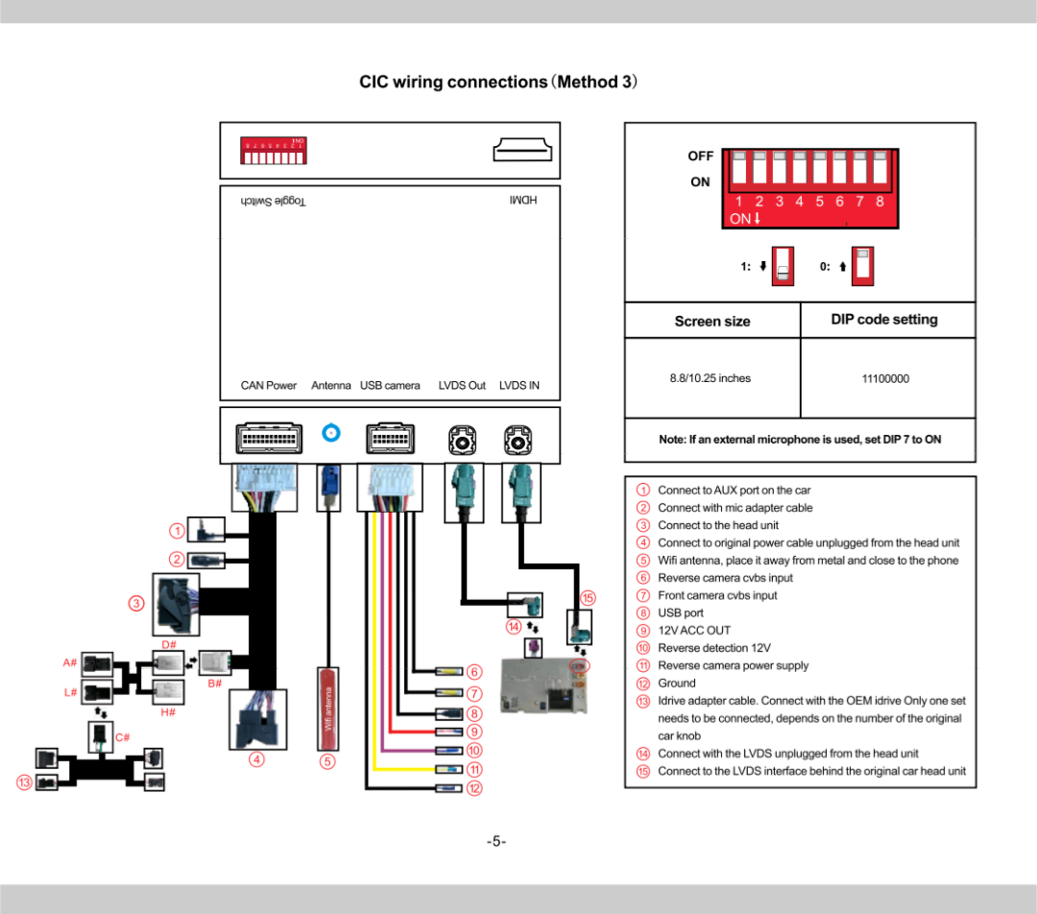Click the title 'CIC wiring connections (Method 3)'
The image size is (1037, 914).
coord(499,82)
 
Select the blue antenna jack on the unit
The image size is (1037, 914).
coord(331,433)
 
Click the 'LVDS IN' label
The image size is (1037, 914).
coord(518,386)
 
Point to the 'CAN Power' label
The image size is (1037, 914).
coord(269,386)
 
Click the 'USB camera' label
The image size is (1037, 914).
coord(390,386)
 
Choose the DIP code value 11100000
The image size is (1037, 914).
coord(884,379)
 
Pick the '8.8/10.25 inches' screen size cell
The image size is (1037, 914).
coord(711,378)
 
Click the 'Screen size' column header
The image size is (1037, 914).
coord(711,321)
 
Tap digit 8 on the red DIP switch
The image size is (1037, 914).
coord(880,202)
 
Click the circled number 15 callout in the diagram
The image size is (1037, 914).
coord(589,598)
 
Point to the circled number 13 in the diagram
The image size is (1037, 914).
coord(22,782)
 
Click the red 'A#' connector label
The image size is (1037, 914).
coord(70,662)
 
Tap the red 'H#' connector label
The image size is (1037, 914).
coord(168,711)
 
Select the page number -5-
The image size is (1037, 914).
coord(495,842)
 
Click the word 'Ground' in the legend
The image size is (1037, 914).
coord(676,684)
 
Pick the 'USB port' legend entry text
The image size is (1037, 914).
coord(680,613)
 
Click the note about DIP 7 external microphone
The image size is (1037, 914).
coord(799,440)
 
